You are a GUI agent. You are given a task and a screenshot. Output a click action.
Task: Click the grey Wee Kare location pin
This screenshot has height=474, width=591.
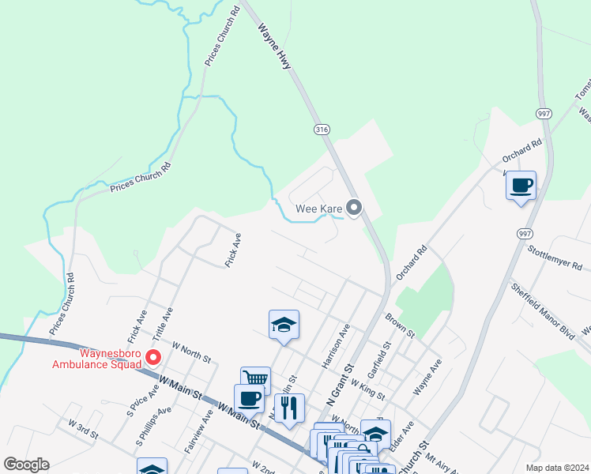point(354,209)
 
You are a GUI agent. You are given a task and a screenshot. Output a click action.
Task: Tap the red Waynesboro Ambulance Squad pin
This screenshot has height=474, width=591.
point(155,356)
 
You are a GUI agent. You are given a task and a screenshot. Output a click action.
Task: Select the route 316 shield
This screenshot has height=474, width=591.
point(322,130)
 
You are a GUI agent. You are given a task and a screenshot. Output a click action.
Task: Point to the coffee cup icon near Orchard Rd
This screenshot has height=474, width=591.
point(521,186)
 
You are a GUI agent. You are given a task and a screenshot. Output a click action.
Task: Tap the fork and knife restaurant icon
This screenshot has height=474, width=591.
point(289,408)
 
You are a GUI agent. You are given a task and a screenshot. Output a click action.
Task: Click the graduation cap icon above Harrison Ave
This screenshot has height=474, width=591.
point(284,325)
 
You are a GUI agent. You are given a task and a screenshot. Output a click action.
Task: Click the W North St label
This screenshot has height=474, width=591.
point(190,353)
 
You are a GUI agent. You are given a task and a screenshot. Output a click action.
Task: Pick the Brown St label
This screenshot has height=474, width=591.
point(400,325)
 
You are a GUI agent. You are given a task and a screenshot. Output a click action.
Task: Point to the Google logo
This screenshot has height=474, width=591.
point(27,465)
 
